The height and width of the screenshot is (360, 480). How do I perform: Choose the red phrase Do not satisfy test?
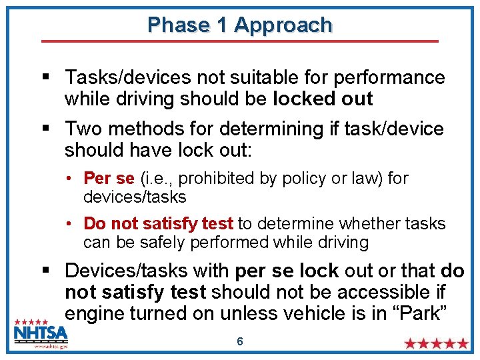click(x=158, y=223)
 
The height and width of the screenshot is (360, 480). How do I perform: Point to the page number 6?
click(x=240, y=341)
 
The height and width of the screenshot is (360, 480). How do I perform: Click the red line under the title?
click(x=240, y=41)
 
